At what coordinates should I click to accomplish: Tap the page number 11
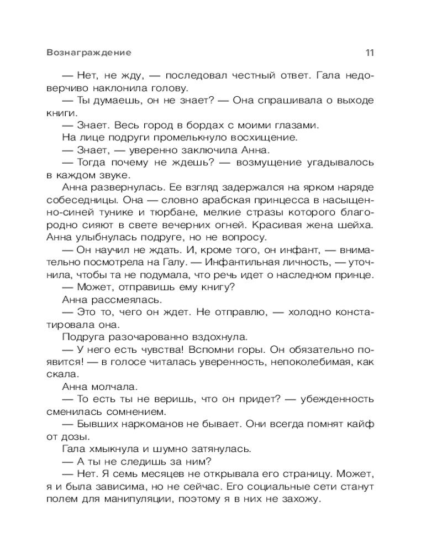point(370,53)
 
